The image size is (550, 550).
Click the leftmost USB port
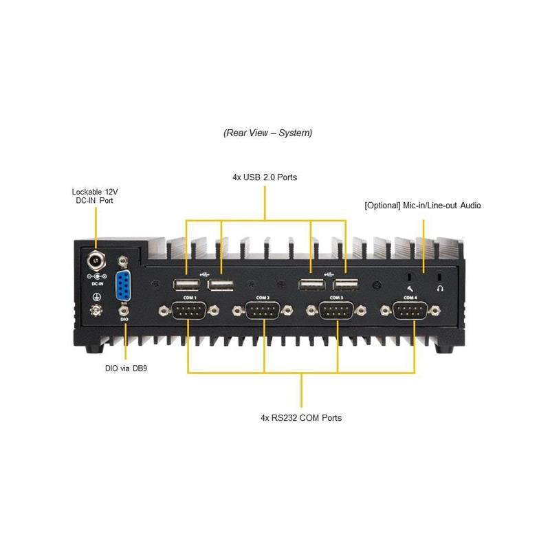click(184, 285)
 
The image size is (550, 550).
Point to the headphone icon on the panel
click(441, 288)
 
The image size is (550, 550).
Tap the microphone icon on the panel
click(410, 288)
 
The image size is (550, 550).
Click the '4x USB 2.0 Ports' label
click(265, 177)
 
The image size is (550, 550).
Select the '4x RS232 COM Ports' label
click(301, 417)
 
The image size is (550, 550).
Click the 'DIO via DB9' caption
click(126, 368)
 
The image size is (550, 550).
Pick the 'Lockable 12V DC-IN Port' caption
click(96, 196)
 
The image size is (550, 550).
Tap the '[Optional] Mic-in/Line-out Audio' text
click(422, 206)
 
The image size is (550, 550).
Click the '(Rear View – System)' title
click(267, 133)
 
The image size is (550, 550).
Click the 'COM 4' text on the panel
click(410, 298)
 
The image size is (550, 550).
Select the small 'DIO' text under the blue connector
click(124, 320)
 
